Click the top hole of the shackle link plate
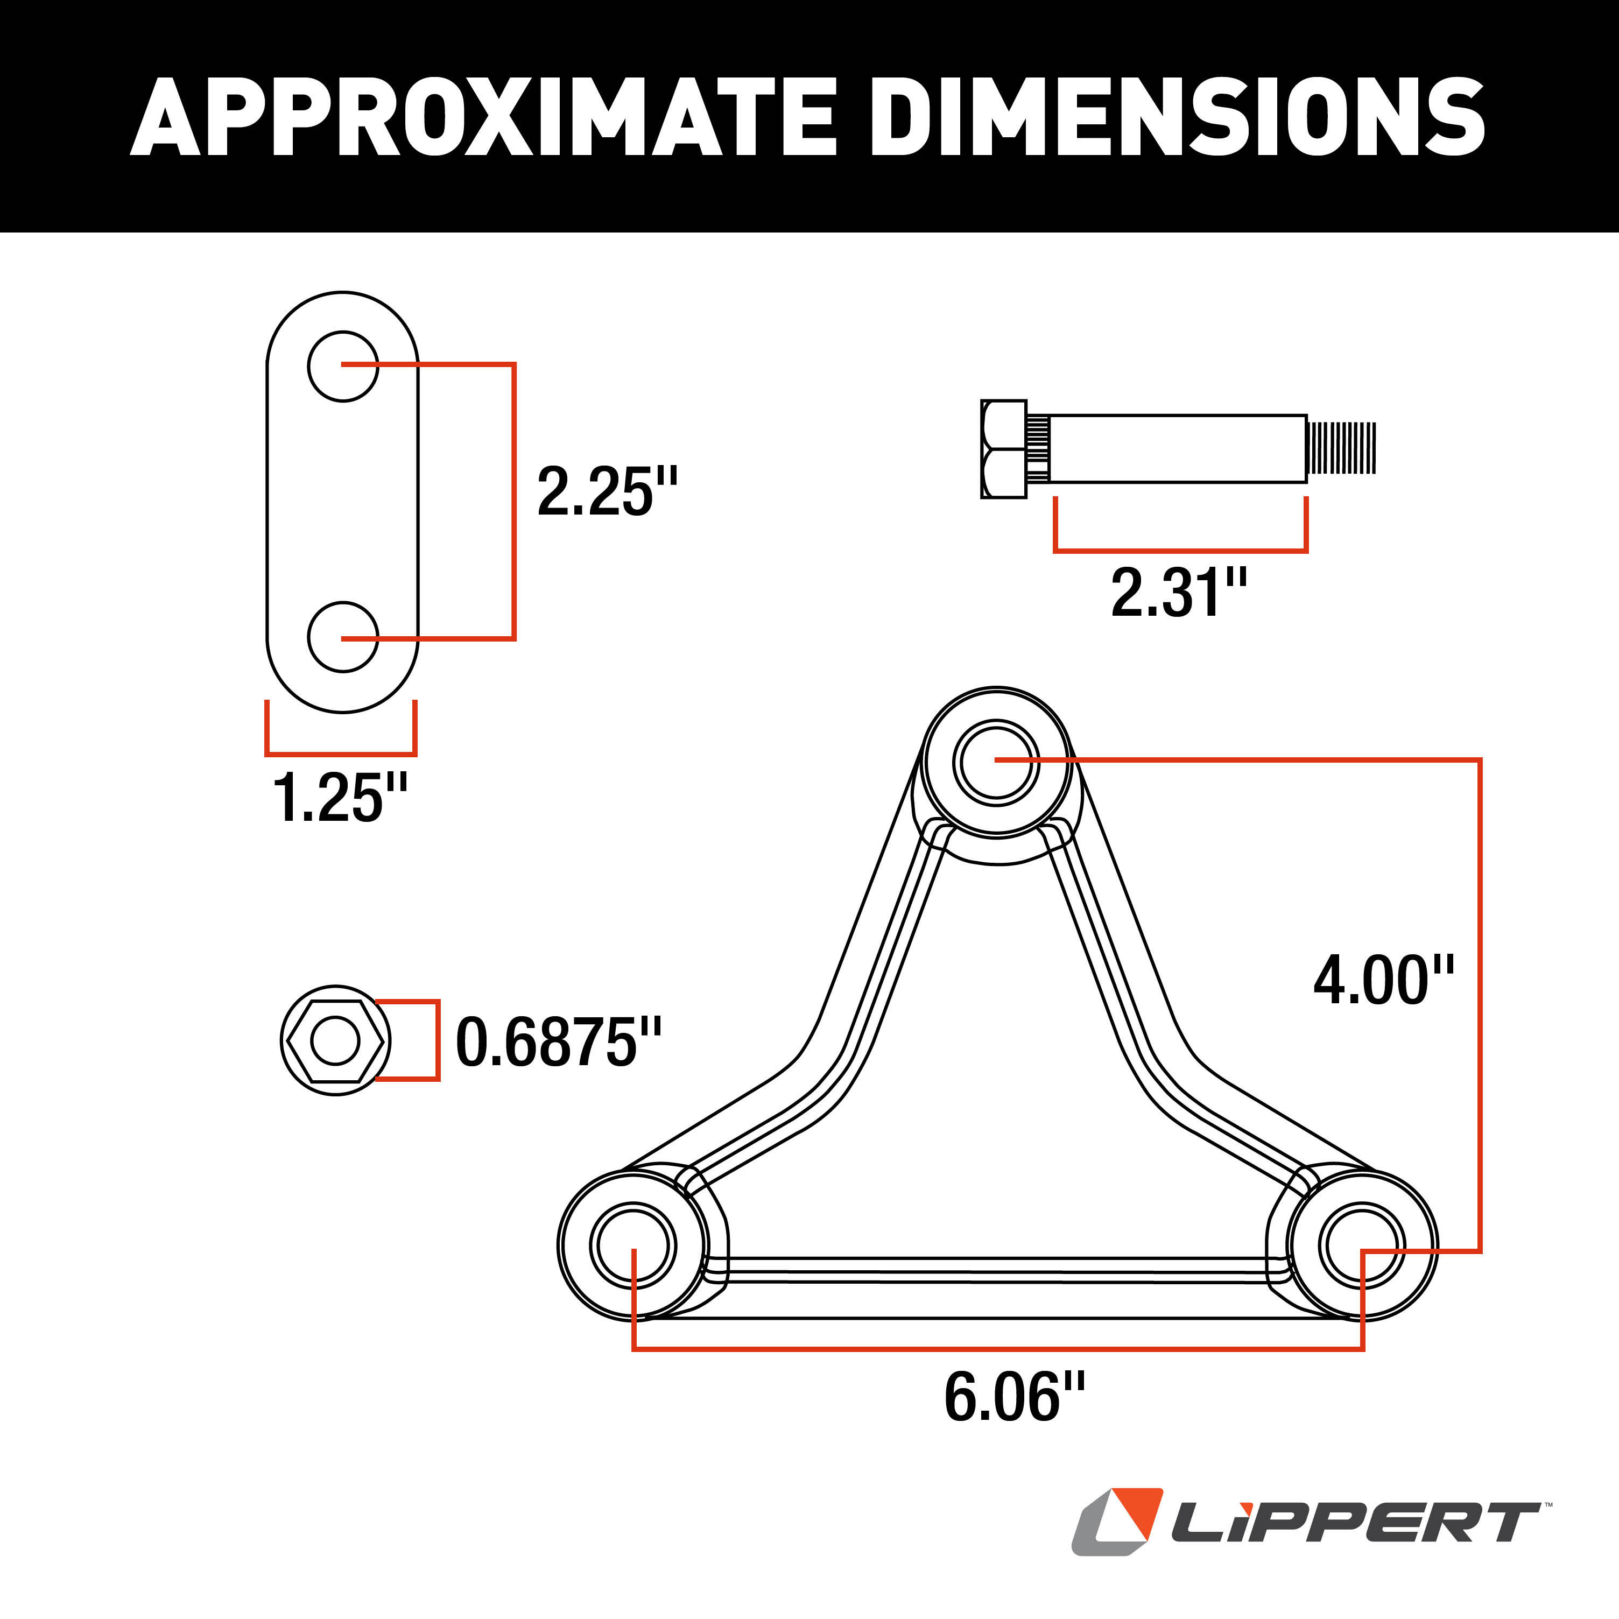pyautogui.click(x=343, y=366)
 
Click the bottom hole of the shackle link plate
pyautogui.click(x=343, y=637)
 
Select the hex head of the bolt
pyautogui.click(x=1003, y=449)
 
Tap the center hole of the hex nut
pyautogui.click(x=335, y=1041)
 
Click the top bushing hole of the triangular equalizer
pyautogui.click(x=996, y=762)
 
